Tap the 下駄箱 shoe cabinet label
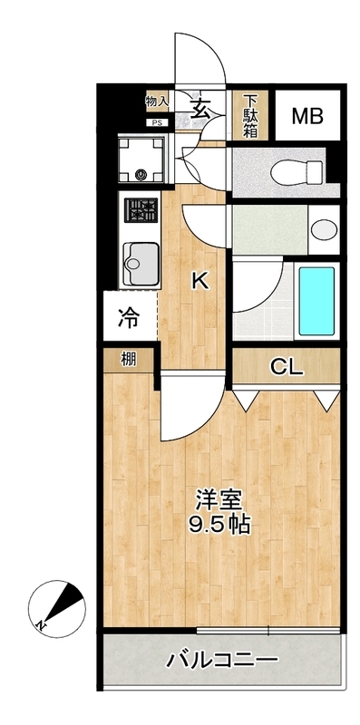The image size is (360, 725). (249, 115)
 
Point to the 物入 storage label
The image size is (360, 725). (157, 103)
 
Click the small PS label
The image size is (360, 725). (157, 122)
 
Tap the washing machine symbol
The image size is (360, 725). (141, 158)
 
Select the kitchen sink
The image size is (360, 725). (141, 264)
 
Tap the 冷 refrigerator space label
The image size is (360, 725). (130, 318)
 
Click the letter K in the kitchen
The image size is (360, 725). (199, 281)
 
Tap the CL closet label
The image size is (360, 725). (287, 367)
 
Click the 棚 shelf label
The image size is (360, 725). (130, 359)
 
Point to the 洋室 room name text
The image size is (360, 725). (219, 499)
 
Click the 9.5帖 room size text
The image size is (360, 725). (219, 524)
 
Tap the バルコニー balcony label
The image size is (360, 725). (221, 661)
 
